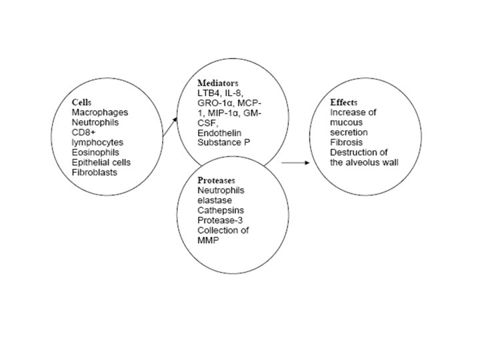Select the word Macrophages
coord(96,114)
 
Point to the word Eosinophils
coord(94,152)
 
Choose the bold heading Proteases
coord(218,181)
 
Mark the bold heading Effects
coord(344,103)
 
